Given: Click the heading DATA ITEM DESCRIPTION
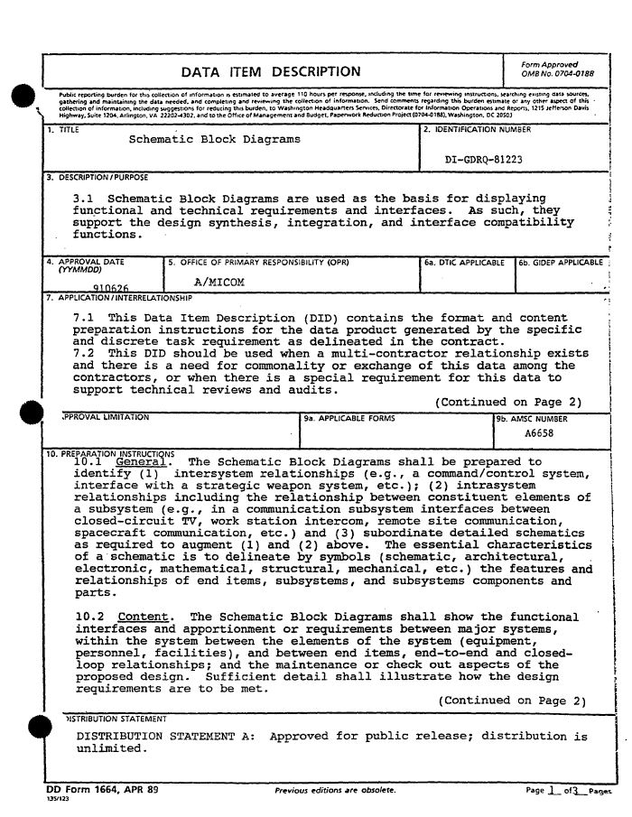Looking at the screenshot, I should (x=271, y=72).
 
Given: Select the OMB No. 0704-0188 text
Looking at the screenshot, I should (x=558, y=74).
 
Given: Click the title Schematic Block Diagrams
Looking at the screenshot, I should (x=215, y=140).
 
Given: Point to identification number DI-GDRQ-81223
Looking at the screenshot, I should (x=484, y=159).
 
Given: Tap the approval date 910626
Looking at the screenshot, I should (x=98, y=289).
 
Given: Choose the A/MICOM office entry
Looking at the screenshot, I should (x=219, y=282).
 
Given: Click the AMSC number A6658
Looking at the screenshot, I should (x=540, y=433).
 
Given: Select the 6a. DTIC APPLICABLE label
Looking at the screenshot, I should (x=464, y=263).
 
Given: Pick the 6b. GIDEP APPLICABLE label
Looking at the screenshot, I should (x=561, y=263).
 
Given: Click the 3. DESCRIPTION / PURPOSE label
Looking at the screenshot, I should (x=98, y=177).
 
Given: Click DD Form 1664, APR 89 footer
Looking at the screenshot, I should (x=102, y=789).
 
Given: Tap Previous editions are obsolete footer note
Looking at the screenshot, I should (x=335, y=790).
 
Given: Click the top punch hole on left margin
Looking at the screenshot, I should (x=23, y=98).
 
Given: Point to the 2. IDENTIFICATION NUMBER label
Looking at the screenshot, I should (x=477, y=130).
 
